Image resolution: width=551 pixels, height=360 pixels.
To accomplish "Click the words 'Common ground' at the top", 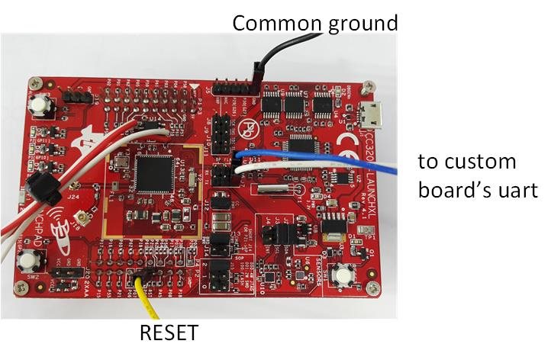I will [x=314, y=23].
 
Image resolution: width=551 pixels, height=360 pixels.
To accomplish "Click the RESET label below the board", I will [x=169, y=333].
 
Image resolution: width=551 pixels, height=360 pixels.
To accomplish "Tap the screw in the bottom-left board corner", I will [x=20, y=288].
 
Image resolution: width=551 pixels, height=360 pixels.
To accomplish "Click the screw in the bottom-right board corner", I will [x=371, y=288].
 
